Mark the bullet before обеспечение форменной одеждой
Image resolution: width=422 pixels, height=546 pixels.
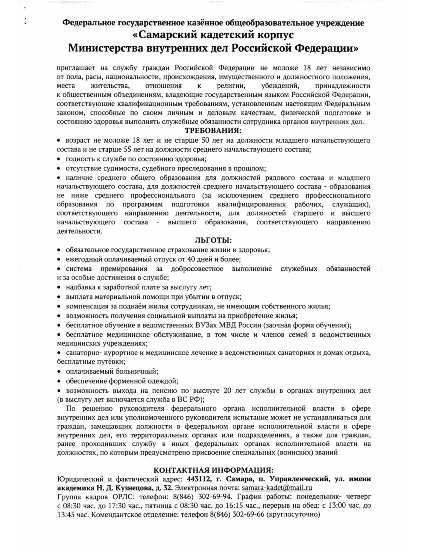pyautogui.click(x=59, y=381)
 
